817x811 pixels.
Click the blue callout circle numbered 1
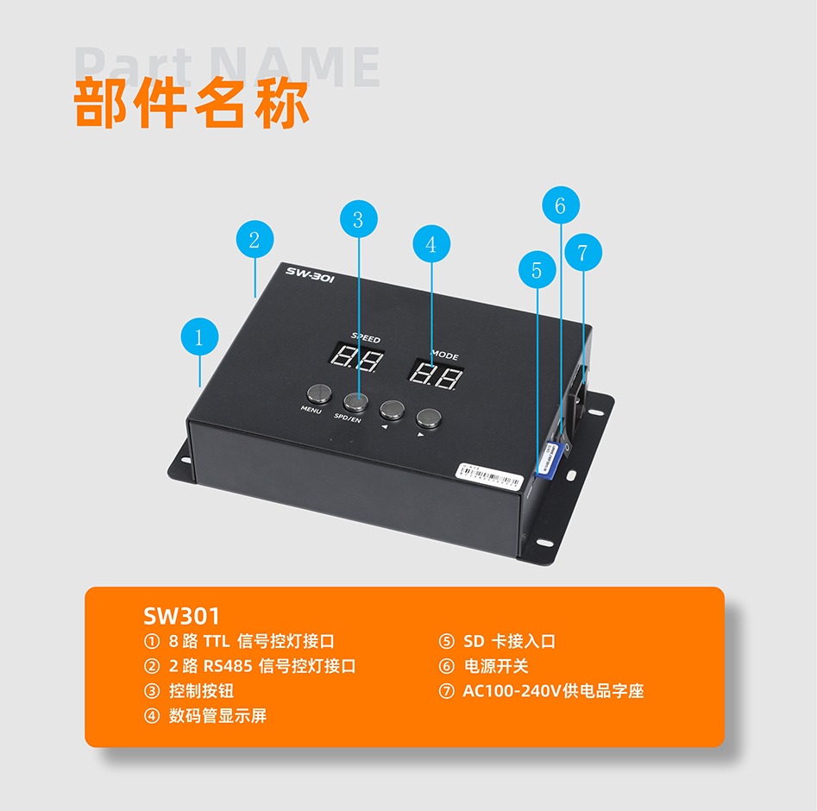tap(200, 337)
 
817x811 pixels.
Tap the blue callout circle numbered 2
tap(255, 240)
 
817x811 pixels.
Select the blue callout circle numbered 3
tap(358, 220)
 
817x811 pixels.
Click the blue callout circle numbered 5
tap(537, 270)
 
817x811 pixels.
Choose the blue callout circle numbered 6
tap(561, 205)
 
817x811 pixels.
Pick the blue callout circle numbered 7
tap(583, 253)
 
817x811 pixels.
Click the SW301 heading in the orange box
tap(182, 616)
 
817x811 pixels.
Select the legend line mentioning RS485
tap(250, 666)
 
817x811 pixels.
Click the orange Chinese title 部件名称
tap(192, 104)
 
